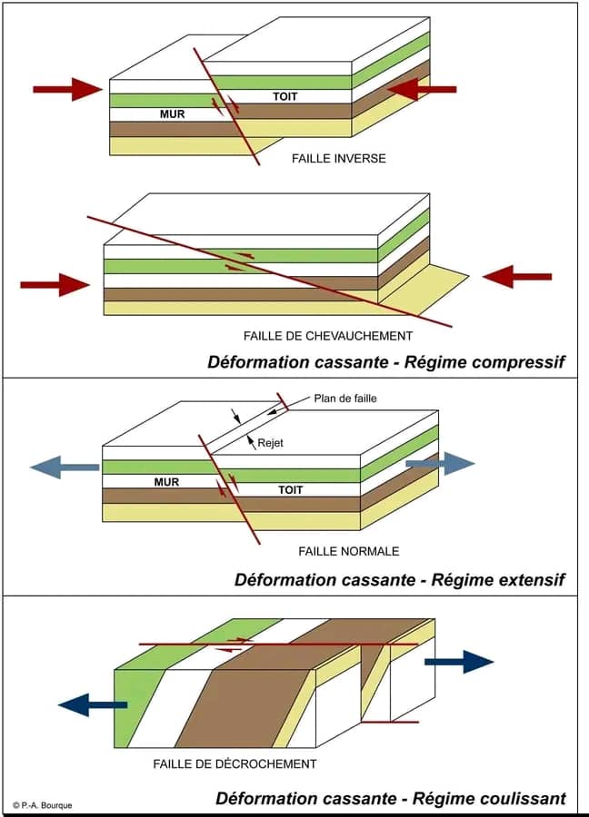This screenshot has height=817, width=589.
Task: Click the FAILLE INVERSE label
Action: click(x=338, y=159)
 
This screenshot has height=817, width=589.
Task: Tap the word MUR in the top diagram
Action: click(x=172, y=114)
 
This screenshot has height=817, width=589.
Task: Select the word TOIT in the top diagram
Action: click(x=285, y=96)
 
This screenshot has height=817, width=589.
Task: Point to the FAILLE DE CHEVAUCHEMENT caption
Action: click(x=327, y=336)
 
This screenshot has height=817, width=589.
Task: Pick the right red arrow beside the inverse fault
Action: click(x=422, y=89)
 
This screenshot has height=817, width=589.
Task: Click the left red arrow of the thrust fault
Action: click(x=55, y=285)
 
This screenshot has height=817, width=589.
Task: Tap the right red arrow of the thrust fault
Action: click(x=517, y=276)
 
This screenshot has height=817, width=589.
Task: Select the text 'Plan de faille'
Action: click(x=344, y=398)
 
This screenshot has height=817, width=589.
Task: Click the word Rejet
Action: click(x=271, y=443)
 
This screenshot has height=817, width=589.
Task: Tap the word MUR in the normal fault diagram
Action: click(x=166, y=482)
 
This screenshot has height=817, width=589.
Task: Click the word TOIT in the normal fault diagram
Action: click(x=290, y=489)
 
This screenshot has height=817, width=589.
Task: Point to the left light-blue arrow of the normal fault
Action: click(x=64, y=467)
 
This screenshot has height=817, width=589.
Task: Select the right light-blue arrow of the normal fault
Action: click(x=440, y=463)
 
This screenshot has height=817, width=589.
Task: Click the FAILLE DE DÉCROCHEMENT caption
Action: click(x=235, y=764)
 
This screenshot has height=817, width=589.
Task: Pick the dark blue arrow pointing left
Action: click(x=92, y=704)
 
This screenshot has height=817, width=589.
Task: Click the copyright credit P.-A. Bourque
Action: click(x=43, y=805)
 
